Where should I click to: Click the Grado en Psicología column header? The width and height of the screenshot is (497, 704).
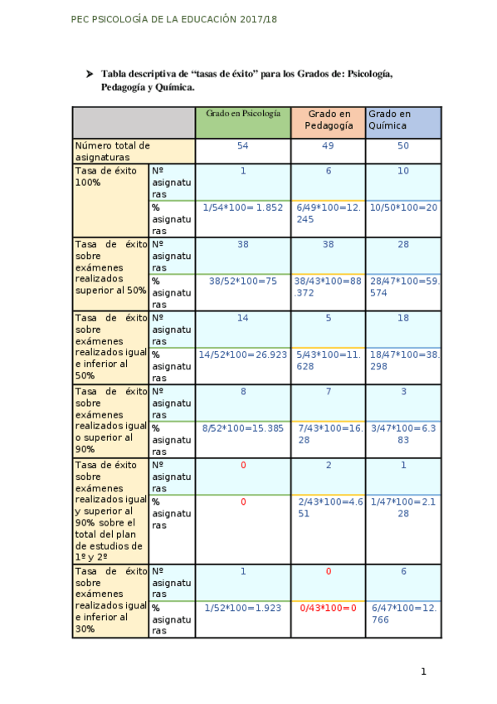click(243, 113)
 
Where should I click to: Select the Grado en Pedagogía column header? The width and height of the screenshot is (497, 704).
click(328, 120)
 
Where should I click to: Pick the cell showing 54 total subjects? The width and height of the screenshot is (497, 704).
click(243, 146)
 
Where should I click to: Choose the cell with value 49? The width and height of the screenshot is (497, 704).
click(328, 146)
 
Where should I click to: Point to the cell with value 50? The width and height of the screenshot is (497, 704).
click(403, 146)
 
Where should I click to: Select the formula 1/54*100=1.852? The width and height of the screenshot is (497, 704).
click(243, 207)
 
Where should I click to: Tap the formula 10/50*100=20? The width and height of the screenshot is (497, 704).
click(403, 207)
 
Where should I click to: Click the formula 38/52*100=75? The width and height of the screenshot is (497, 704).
click(243, 281)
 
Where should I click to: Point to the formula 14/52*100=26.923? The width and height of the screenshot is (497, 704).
click(243, 354)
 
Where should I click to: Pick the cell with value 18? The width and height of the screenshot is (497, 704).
click(403, 317)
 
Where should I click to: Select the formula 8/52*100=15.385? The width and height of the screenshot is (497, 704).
click(243, 428)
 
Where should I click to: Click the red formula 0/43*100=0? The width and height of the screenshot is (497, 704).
click(328, 609)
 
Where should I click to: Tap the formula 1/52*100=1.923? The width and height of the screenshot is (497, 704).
click(243, 609)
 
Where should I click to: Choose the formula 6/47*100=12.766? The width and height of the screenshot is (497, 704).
click(404, 614)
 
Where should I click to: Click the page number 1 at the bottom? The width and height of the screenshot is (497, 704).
click(423, 672)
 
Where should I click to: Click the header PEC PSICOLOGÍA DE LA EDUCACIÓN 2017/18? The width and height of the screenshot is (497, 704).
click(175, 18)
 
